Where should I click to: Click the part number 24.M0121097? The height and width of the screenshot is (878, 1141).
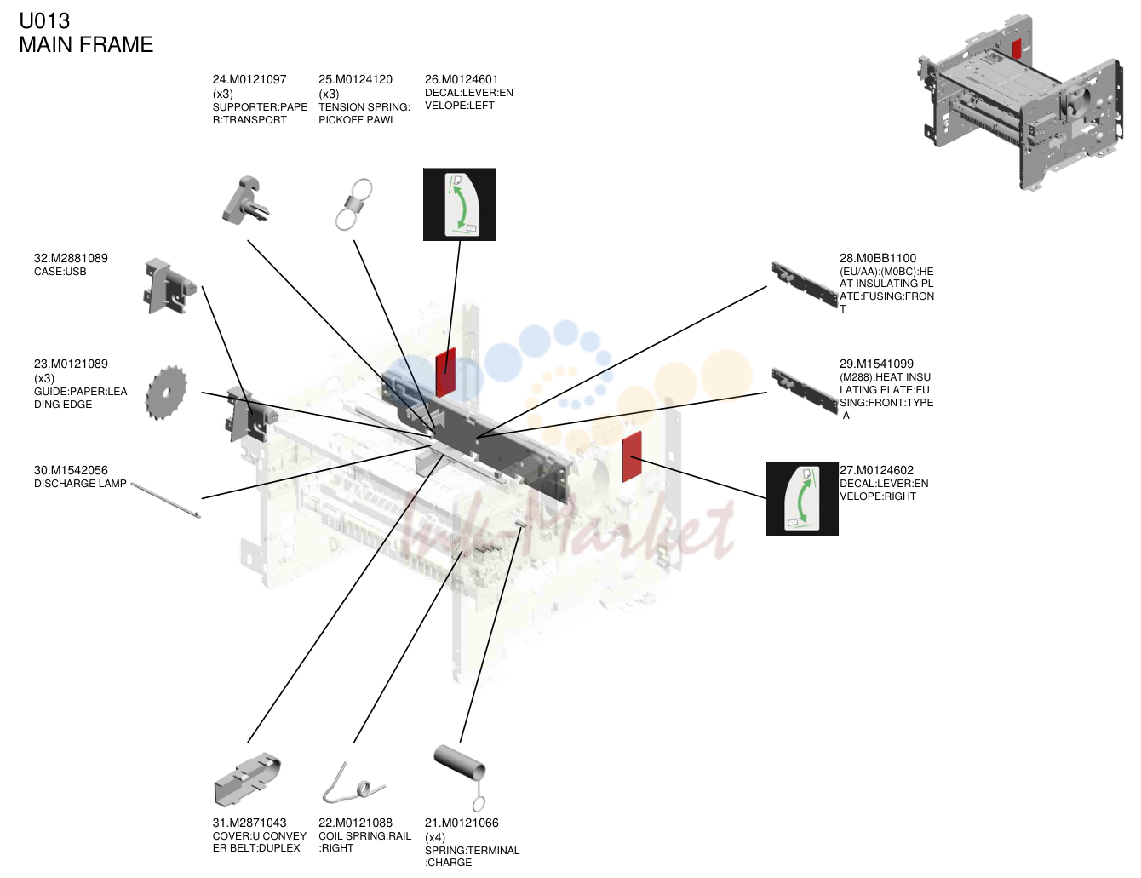click(x=249, y=79)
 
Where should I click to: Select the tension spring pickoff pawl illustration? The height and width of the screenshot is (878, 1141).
click(x=354, y=204)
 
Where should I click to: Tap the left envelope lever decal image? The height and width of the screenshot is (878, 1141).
click(x=460, y=204)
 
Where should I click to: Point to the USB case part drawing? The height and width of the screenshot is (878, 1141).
click(x=169, y=287)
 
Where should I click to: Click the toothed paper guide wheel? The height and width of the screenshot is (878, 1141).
click(x=166, y=393)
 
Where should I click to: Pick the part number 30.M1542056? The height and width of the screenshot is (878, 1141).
click(x=71, y=470)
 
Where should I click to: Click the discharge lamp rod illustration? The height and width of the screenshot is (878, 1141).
click(x=165, y=500)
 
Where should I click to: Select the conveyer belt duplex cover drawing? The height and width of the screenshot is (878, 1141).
click(x=247, y=779)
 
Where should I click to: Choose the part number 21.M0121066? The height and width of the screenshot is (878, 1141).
click(x=462, y=823)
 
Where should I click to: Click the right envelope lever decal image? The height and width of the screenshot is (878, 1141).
click(x=802, y=499)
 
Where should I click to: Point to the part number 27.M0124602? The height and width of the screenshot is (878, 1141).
click(x=876, y=470)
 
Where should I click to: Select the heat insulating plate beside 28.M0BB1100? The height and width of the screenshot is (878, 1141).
click(x=805, y=284)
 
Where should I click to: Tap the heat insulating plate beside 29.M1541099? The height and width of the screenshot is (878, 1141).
click(x=805, y=391)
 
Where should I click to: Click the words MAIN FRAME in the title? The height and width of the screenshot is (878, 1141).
click(x=86, y=44)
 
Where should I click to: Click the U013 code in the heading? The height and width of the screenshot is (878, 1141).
click(x=44, y=21)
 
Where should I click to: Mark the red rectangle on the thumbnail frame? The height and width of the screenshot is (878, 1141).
click(x=1017, y=49)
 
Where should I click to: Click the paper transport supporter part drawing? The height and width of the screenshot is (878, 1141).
click(x=246, y=201)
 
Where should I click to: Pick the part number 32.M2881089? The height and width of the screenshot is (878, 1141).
click(x=71, y=258)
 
